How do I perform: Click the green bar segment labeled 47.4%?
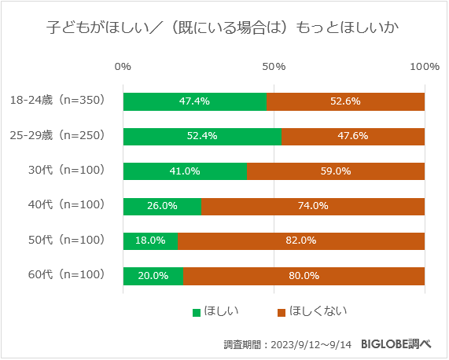(x=194, y=101)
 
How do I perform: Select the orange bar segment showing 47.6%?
(x=353, y=136)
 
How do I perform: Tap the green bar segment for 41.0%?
(x=185, y=171)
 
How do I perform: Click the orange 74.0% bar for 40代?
(x=313, y=206)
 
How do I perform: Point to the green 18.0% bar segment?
(x=150, y=241)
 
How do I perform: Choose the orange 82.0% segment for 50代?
(x=301, y=241)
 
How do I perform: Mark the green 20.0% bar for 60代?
(x=153, y=275)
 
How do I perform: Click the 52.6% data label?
(x=345, y=101)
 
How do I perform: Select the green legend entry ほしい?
(x=215, y=312)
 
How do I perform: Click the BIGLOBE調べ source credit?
(x=396, y=344)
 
